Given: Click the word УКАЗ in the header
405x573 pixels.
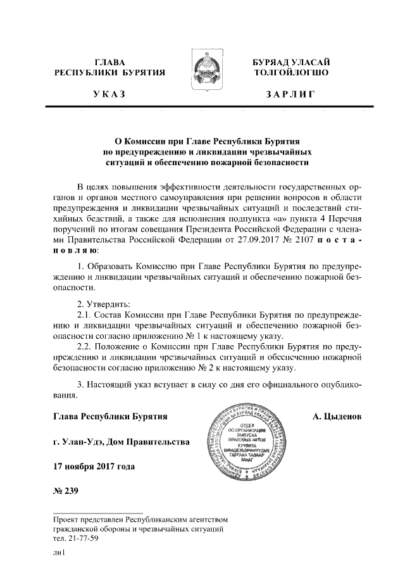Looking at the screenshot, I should coord(110,94).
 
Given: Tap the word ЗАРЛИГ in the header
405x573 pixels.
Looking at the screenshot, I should coord(290,94).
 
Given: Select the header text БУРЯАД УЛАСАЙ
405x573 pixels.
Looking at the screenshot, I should coord(290,61).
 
